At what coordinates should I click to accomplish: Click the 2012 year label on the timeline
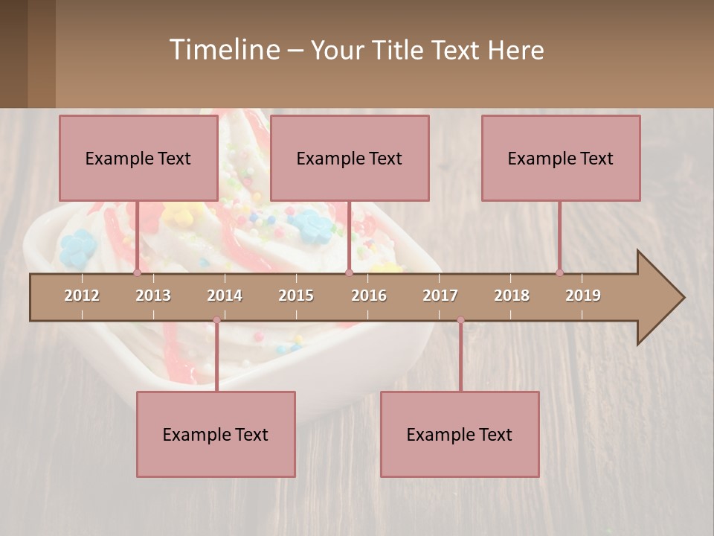[82, 296]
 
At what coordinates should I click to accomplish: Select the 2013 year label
[153, 296]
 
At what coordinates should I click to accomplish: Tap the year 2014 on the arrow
[225, 296]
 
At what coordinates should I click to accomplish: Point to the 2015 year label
[296, 296]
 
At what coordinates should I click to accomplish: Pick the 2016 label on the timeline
[369, 296]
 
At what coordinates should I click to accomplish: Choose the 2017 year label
[440, 296]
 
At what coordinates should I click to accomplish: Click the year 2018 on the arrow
[512, 296]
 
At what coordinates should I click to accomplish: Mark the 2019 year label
[583, 296]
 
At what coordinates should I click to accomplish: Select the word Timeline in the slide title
[223, 50]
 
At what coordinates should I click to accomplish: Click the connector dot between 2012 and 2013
[137, 273]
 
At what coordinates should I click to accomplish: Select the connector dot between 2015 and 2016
[349, 273]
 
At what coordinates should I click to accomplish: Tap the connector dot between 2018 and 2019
[559, 273]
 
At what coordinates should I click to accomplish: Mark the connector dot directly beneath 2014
[216, 320]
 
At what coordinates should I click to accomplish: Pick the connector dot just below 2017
[460, 320]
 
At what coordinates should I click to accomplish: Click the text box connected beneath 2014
[216, 434]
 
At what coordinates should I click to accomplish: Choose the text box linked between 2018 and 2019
[561, 158]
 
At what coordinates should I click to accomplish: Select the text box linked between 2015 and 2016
[350, 158]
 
